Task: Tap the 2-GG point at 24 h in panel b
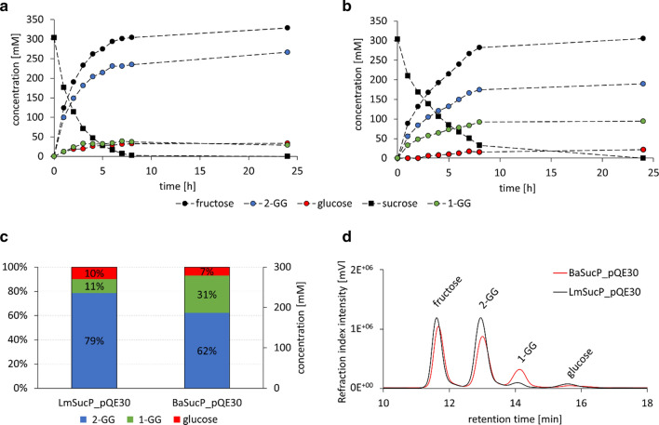coord(643,84)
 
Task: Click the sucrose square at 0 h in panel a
coord(54,38)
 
